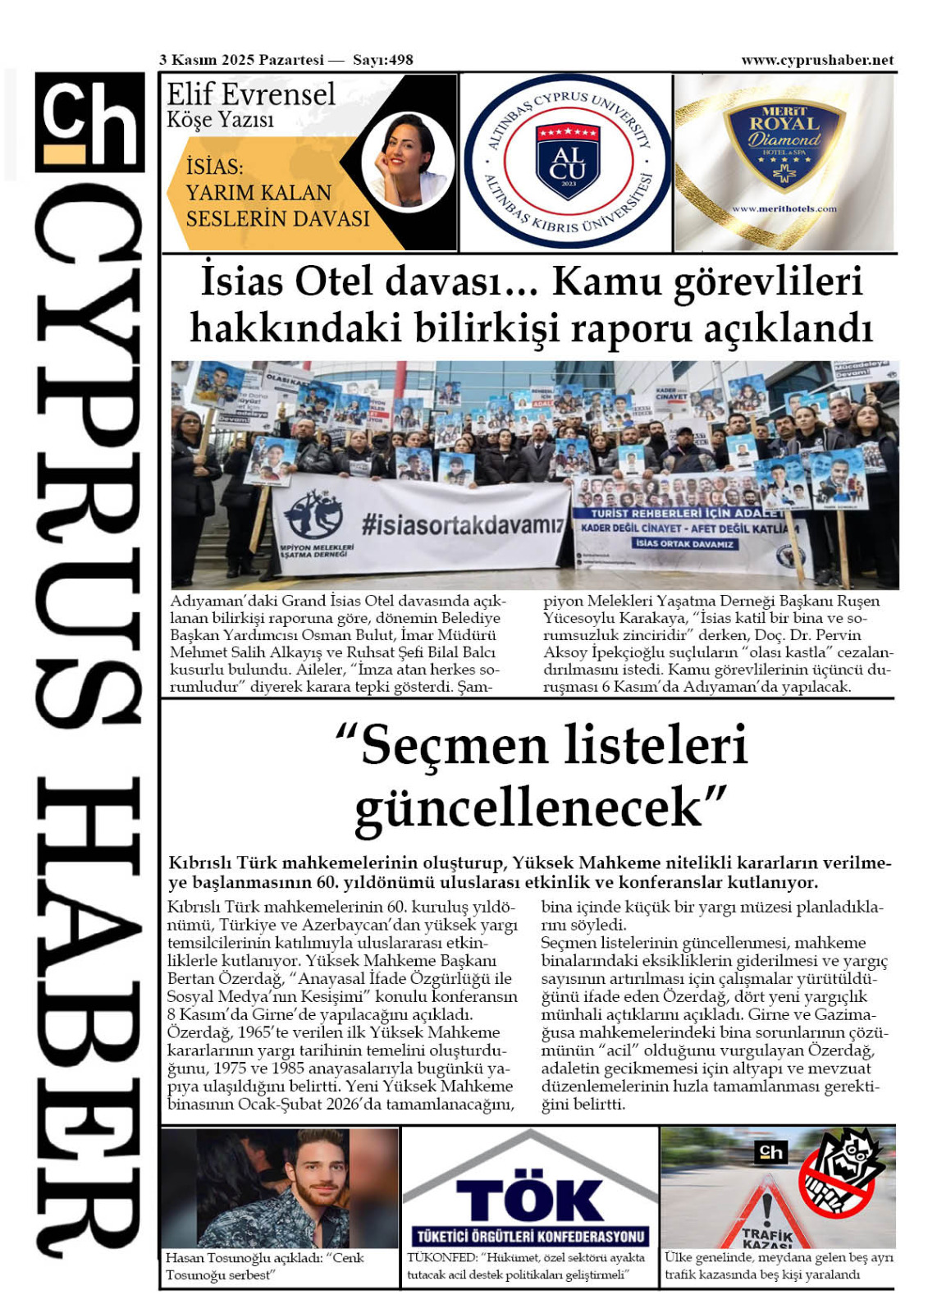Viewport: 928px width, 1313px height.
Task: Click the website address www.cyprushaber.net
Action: (816, 60)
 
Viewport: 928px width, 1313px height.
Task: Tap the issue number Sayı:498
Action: (382, 60)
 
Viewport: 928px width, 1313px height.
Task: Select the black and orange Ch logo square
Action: (89, 122)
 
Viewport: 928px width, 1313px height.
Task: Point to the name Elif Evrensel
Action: (251, 95)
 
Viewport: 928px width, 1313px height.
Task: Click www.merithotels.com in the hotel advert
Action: (784, 208)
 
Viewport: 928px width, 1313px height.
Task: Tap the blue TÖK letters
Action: (529, 1200)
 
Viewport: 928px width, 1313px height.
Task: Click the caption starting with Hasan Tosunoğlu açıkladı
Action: (265, 1265)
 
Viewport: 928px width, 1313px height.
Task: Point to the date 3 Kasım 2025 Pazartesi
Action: (241, 60)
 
